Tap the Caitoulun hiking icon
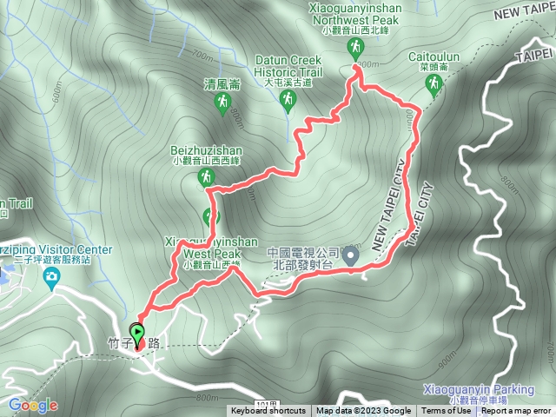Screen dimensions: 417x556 (x=433, y=83)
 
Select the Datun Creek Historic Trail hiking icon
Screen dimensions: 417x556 (x=287, y=103)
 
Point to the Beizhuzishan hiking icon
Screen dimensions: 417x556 (x=206, y=178)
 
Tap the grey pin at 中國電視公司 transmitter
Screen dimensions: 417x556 (x=350, y=255)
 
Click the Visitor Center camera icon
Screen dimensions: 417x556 (x=52, y=277)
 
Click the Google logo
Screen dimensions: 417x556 (x=33, y=405)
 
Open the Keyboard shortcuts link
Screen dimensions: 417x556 (x=268, y=411)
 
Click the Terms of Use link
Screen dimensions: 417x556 (x=446, y=411)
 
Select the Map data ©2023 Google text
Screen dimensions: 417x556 (x=364, y=411)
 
